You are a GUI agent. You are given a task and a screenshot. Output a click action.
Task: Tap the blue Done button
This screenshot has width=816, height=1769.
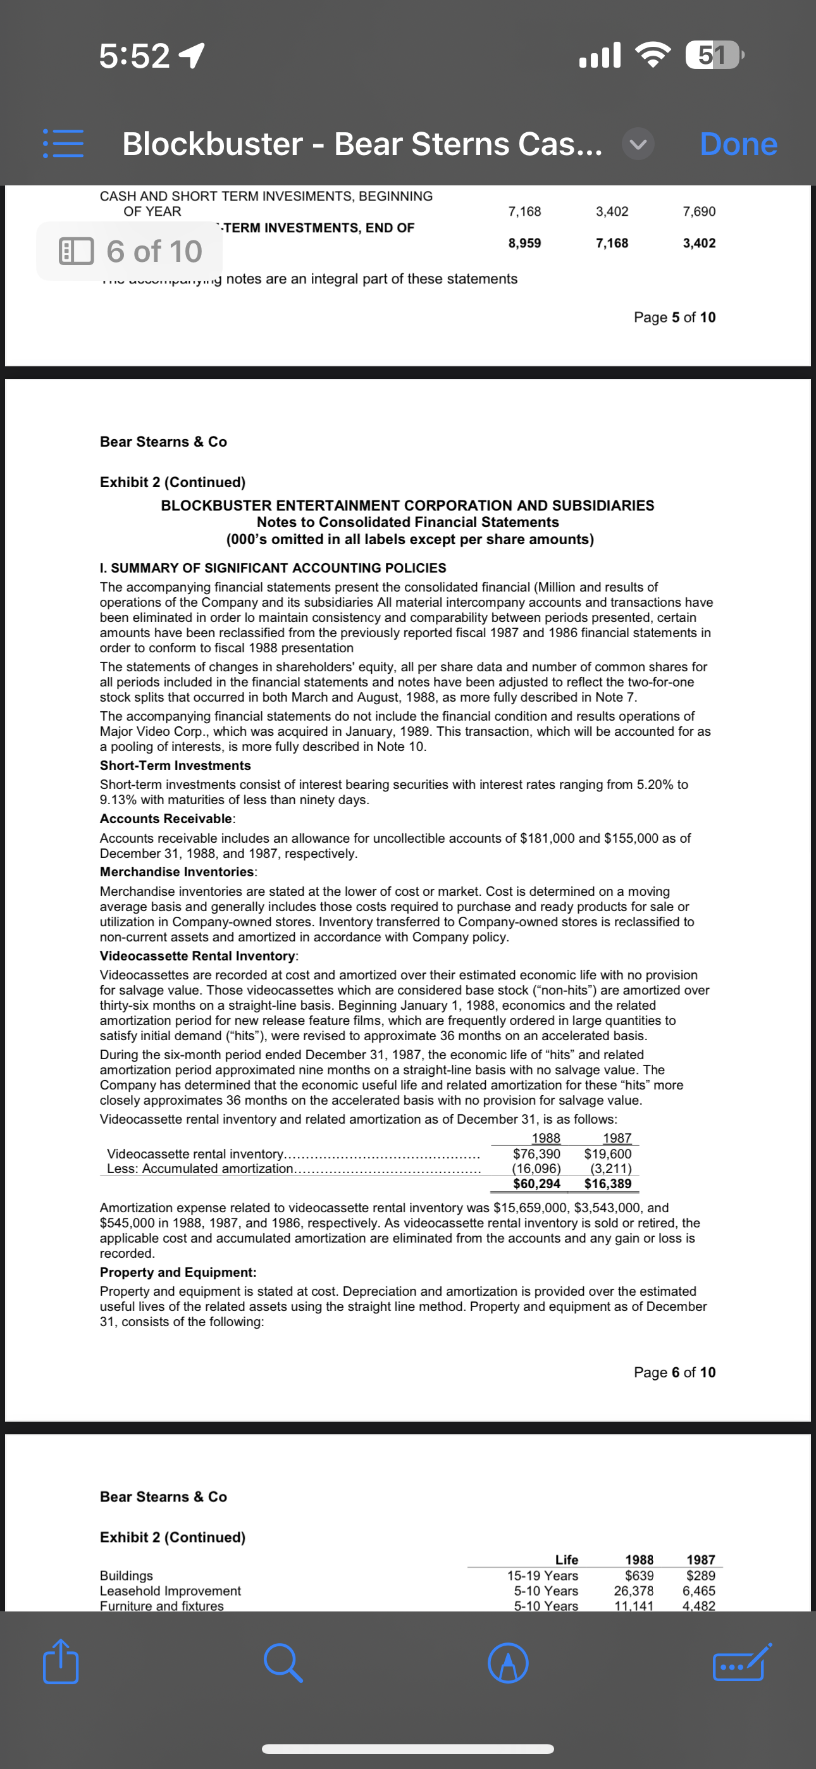[738, 144]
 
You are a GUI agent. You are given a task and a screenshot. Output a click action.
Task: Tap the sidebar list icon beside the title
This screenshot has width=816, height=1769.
[63, 144]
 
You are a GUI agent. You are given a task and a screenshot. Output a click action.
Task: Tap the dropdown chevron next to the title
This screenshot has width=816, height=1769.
[638, 145]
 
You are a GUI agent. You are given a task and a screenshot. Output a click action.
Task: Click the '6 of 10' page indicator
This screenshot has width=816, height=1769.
[130, 251]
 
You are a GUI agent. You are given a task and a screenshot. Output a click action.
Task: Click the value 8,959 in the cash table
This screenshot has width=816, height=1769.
[524, 243]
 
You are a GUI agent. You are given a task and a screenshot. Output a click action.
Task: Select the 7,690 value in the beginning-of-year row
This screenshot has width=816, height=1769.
[698, 211]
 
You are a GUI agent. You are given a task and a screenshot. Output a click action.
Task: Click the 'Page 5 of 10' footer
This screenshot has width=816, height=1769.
[674, 317]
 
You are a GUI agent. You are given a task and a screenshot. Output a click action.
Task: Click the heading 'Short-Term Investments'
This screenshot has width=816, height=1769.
[175, 766]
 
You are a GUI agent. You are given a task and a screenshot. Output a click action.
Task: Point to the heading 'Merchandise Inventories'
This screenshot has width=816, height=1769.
[177, 872]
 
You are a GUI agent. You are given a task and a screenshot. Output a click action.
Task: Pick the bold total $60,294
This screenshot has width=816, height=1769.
[536, 1184]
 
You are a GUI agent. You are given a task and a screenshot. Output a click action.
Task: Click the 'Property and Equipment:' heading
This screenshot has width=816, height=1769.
[178, 1272]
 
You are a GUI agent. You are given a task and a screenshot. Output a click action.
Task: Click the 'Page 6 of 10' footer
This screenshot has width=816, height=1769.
[674, 1372]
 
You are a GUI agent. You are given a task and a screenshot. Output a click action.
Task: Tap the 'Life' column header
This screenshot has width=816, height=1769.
[566, 1560]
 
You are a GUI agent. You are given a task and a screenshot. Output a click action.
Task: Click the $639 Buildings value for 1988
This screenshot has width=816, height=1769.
[639, 1575]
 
